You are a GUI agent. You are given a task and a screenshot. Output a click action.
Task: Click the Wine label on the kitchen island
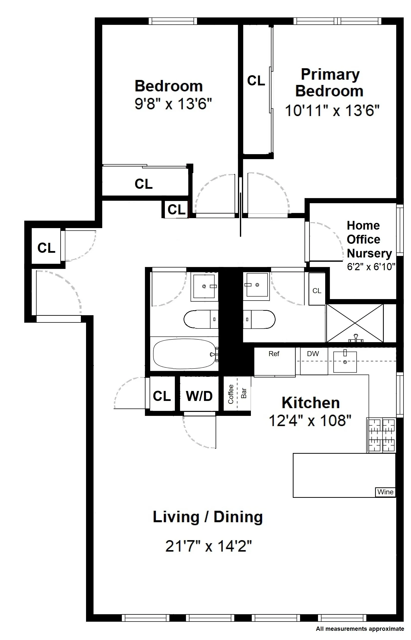(x=385, y=492)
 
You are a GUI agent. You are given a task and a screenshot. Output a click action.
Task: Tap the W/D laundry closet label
(x=199, y=396)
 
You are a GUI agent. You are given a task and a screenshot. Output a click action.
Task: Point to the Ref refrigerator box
(x=274, y=361)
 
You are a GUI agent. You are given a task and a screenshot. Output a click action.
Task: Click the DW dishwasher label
(x=313, y=354)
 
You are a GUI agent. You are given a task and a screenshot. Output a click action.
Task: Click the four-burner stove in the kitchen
(x=381, y=435)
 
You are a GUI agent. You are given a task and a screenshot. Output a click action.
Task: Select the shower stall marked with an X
(x=355, y=323)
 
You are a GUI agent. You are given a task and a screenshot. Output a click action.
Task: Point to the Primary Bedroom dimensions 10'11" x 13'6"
(x=332, y=110)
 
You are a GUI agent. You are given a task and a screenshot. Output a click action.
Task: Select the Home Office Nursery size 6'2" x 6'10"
(x=371, y=266)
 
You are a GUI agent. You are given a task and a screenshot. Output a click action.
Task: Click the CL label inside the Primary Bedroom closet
(x=256, y=80)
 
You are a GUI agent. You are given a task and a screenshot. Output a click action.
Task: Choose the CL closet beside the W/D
(x=162, y=396)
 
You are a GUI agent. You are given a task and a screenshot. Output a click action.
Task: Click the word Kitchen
(x=311, y=403)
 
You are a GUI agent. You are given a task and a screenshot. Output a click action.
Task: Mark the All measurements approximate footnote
(x=360, y=629)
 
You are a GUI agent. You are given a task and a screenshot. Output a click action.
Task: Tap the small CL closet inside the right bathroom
(x=317, y=290)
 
